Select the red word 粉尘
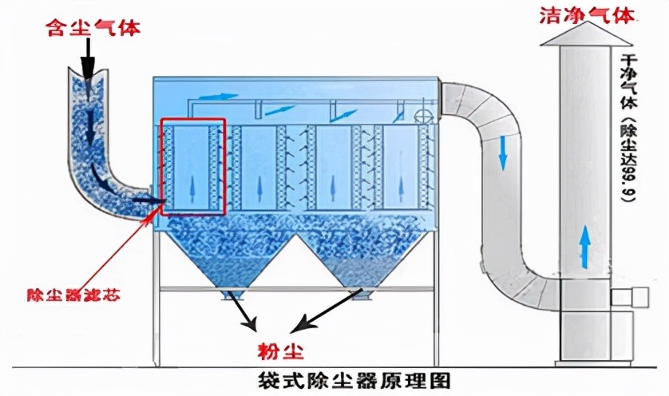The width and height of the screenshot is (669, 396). click(x=275, y=348)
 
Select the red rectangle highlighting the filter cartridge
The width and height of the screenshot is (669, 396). click(x=192, y=167)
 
